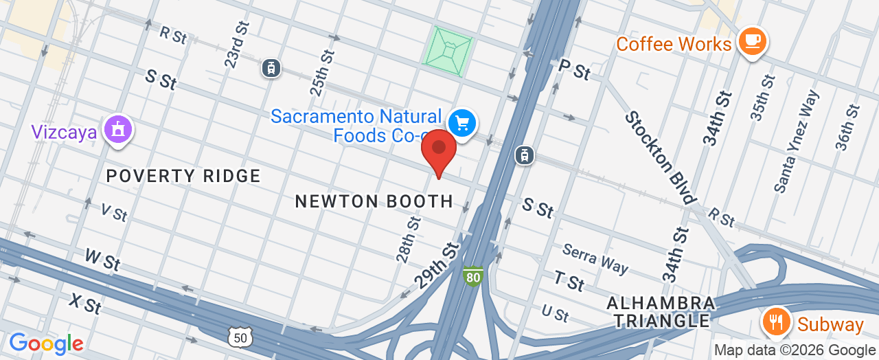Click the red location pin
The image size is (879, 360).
click(439, 152)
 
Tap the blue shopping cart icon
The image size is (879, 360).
click(462, 124)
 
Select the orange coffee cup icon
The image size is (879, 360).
click(751, 41)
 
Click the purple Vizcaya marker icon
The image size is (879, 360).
click(117, 128)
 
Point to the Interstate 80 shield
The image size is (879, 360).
click(472, 276)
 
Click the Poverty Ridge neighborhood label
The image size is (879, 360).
click(183, 177)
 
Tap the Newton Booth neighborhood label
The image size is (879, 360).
click(374, 201)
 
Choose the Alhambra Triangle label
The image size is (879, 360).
click(661, 311)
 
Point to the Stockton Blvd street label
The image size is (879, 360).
click(660, 157)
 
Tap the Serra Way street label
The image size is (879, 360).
click(595, 258)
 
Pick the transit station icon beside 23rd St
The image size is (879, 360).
click(272, 67)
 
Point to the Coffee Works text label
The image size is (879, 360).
click(673, 45)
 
